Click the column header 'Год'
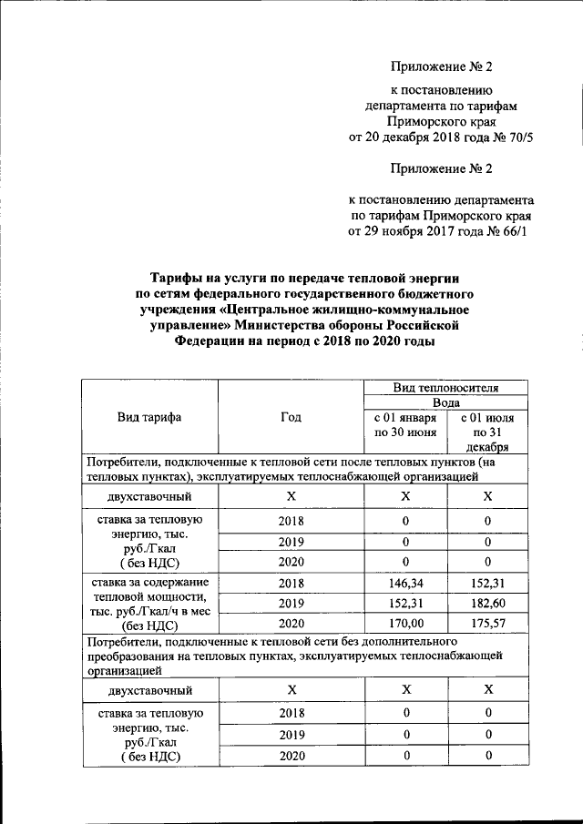(291, 417)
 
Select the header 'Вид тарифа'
(149, 417)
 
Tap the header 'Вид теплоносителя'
(445, 387)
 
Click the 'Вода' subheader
(445, 402)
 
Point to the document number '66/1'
(513, 231)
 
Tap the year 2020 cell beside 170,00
(291, 625)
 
